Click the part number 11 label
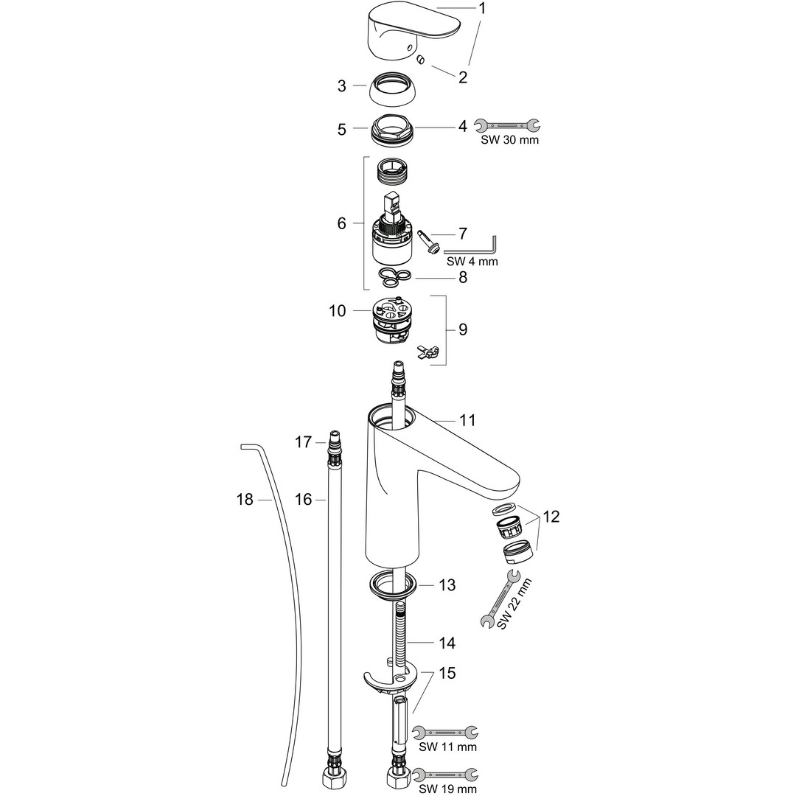tap(467, 420)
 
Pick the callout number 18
tap(244, 500)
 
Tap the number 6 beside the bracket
tap(341, 223)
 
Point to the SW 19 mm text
tap(448, 789)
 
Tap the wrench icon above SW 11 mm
tap(444, 732)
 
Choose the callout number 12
tap(551, 517)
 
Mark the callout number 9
tap(463, 329)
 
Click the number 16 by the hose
tap(304, 500)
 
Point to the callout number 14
tap(447, 643)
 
